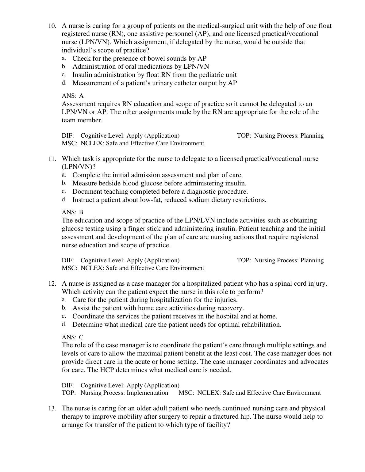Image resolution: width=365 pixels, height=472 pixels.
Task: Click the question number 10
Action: tap(52, 26)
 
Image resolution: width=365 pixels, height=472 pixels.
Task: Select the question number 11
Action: tap(52, 159)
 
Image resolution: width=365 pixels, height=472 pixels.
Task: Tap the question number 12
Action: tap(52, 284)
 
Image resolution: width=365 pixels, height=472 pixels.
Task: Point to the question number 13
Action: tap(52, 409)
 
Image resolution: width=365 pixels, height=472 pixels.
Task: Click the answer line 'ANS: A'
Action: tap(73, 96)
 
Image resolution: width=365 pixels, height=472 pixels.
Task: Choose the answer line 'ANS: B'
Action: tap(72, 212)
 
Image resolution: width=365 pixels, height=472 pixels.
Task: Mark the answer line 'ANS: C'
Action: tap(72, 337)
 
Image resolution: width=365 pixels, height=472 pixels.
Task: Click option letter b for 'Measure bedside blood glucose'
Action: tap(64, 183)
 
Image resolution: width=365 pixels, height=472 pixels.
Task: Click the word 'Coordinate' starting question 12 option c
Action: tap(88, 316)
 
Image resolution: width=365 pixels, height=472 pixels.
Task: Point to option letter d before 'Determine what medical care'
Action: tap(64, 324)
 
